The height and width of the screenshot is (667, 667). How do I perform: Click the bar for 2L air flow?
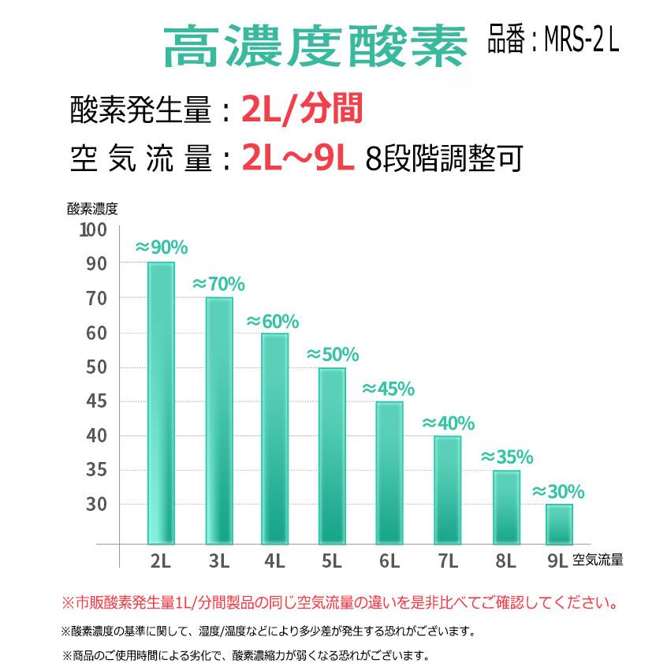161,402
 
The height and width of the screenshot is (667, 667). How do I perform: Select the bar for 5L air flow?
332,456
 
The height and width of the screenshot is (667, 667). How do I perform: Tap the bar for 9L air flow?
559,524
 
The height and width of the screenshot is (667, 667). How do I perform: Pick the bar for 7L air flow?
448,490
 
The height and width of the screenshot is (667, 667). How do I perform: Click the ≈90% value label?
162,248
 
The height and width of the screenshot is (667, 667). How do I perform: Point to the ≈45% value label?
388,389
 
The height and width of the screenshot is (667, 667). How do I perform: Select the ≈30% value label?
558,492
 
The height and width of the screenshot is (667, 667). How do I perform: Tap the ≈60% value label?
273,321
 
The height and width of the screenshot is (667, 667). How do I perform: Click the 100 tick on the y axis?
92,229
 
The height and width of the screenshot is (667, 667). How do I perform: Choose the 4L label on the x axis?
274,561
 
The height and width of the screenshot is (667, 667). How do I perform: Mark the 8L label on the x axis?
505,561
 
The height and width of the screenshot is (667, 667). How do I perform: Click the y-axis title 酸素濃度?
92,209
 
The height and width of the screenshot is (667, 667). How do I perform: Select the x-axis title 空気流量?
598,561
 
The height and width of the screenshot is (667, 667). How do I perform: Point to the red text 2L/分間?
302,111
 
